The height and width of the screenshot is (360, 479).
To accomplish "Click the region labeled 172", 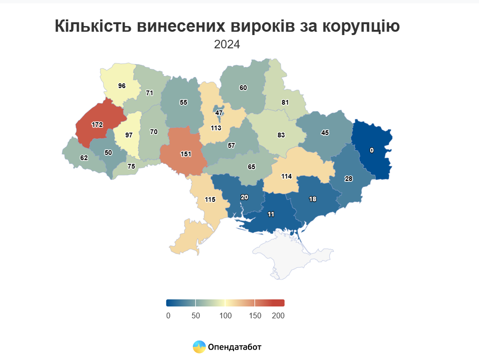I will pyautogui.click(x=97, y=125).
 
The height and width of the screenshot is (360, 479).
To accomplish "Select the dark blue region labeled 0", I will pyautogui.click(x=372, y=150).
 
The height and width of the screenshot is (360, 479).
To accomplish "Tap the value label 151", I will pyautogui.click(x=186, y=154).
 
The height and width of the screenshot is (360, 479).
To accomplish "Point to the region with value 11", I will pyautogui.click(x=271, y=214).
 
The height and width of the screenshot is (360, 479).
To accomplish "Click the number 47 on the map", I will pyautogui.click(x=219, y=113).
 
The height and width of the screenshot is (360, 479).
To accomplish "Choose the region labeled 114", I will pyautogui.click(x=286, y=176).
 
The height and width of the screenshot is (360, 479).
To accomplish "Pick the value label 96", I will pyautogui.click(x=122, y=86).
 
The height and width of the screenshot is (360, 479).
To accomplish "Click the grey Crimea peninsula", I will pyautogui.click(x=289, y=256).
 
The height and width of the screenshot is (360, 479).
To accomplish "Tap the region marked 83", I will pyautogui.click(x=281, y=135).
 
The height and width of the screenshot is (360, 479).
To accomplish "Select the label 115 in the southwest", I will pyautogui.click(x=210, y=199).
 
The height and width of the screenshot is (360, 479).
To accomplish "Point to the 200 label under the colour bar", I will pyautogui.click(x=278, y=315).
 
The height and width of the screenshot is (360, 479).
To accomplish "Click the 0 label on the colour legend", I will pyautogui.click(x=168, y=315).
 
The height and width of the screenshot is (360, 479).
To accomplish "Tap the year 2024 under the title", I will pyautogui.click(x=227, y=45).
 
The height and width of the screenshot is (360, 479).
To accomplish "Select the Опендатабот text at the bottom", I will pyautogui.click(x=235, y=347).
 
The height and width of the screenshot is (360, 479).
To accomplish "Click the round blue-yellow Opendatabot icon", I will pyautogui.click(x=199, y=347).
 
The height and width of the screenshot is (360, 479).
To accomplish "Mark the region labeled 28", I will pyautogui.click(x=349, y=179).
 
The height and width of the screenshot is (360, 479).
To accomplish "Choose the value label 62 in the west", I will pyautogui.click(x=84, y=158).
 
